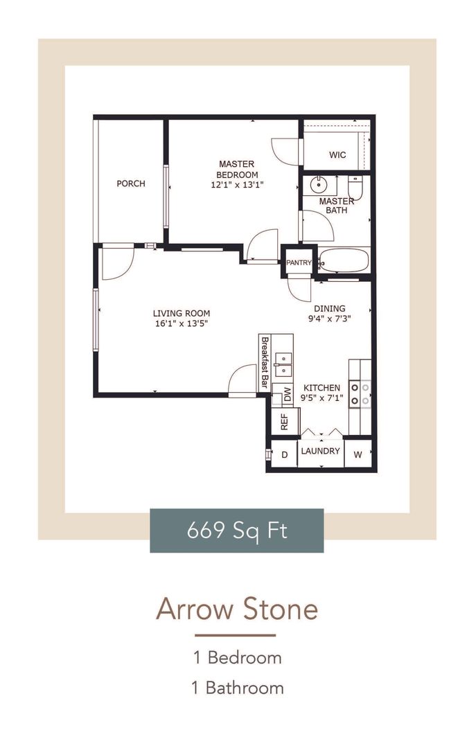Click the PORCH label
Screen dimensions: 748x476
(x=131, y=184)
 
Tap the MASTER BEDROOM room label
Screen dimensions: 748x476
(x=236, y=169)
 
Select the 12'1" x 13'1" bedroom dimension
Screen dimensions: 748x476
(x=237, y=185)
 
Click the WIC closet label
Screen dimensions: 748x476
(x=337, y=155)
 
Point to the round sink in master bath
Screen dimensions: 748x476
(x=319, y=185)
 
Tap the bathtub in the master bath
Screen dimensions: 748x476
(x=344, y=261)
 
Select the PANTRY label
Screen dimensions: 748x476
(x=299, y=262)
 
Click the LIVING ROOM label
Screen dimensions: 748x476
(x=182, y=313)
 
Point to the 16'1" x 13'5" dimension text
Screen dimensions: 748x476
(x=182, y=323)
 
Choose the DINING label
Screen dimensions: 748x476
(x=329, y=309)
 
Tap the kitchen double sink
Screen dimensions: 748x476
(x=283, y=364)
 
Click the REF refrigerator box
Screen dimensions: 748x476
(x=284, y=421)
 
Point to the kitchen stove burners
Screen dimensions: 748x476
(x=360, y=393)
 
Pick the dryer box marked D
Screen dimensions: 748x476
(x=283, y=455)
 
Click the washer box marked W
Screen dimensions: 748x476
(x=358, y=455)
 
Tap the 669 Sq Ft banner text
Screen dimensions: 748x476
(x=237, y=531)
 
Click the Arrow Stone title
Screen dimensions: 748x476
(x=237, y=609)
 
